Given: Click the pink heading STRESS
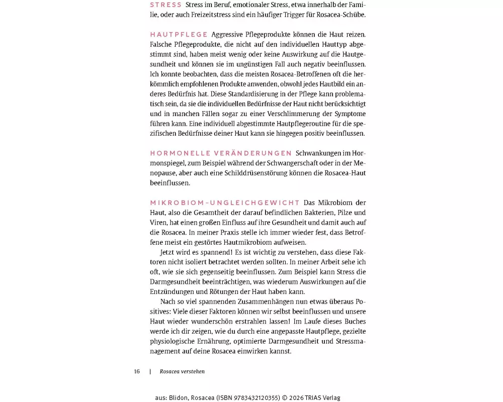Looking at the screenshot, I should pos(166,5).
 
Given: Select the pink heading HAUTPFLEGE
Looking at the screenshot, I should pos(179,35).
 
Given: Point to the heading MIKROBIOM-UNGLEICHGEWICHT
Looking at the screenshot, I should pos(225,203).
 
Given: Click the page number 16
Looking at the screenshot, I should pos(137,372).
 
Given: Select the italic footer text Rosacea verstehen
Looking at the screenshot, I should pos(182,372).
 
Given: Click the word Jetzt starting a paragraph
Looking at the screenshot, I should pos(168,252).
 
